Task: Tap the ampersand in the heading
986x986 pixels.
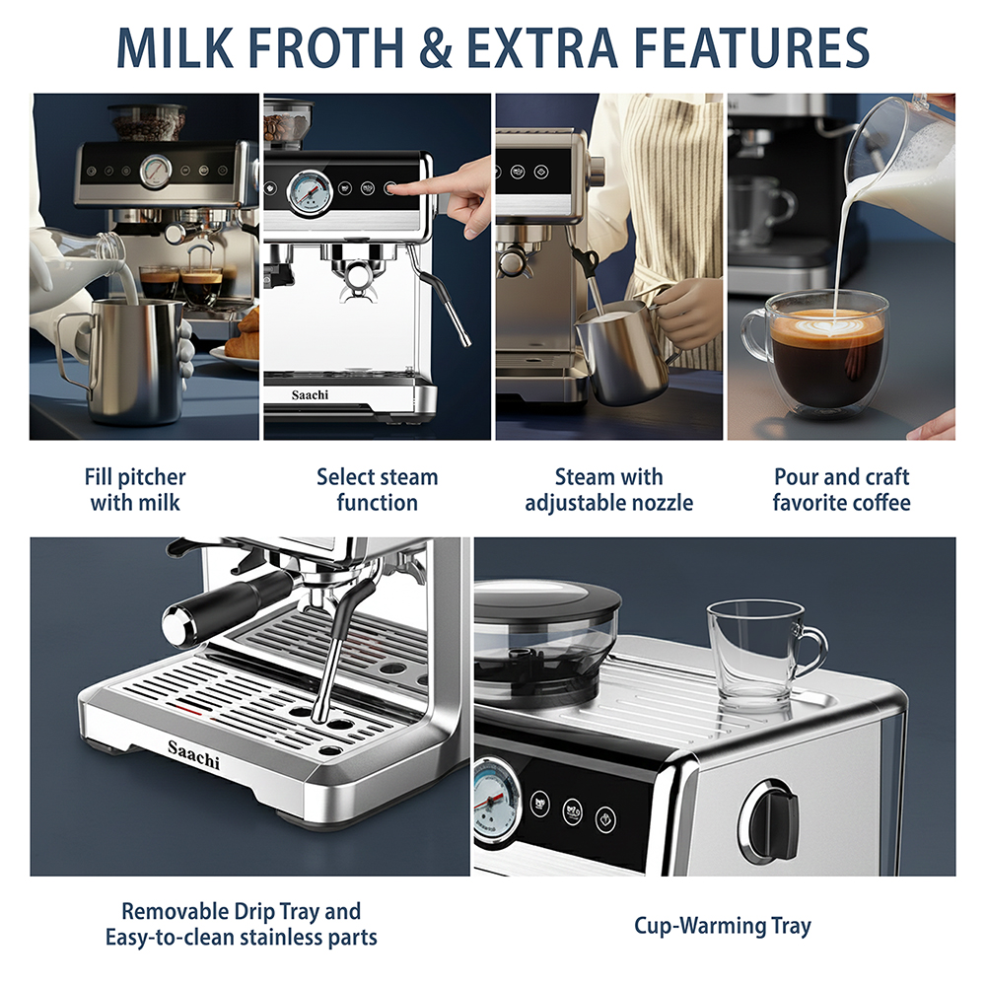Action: [435, 47]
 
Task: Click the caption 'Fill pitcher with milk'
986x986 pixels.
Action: [135, 490]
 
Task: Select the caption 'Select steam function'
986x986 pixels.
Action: [378, 490]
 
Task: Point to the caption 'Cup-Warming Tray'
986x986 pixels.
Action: [723, 926]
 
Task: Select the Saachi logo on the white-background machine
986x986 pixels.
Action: [310, 395]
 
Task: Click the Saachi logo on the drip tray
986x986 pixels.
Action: [193, 754]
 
